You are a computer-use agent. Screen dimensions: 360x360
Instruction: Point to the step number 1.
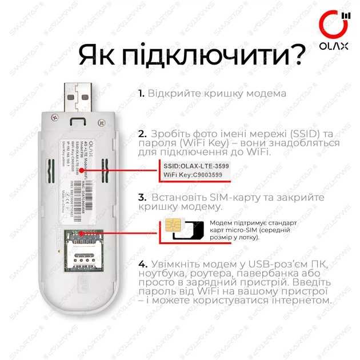click(x=141, y=93)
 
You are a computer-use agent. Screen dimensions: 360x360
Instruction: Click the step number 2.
click(x=142, y=134)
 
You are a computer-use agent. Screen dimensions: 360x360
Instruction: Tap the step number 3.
click(x=142, y=197)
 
